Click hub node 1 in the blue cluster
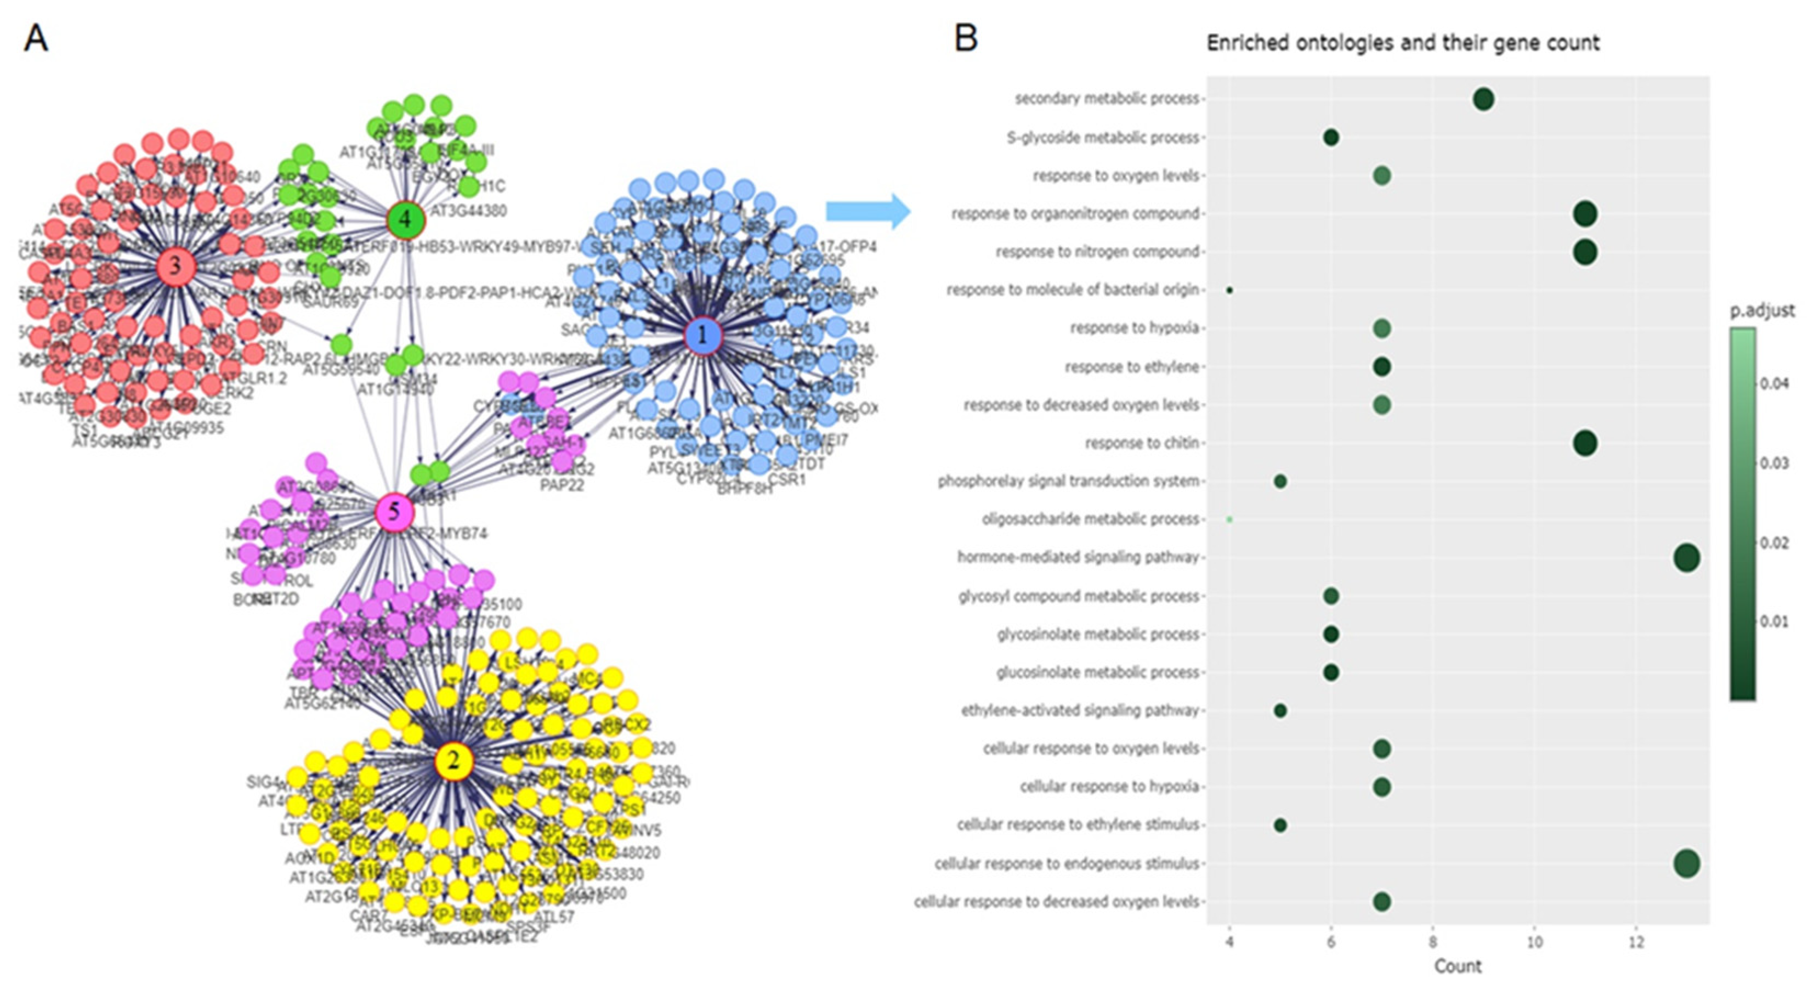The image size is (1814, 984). pos(703,336)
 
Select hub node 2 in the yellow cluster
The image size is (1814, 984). pos(453,761)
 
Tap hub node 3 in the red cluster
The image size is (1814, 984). pos(175,266)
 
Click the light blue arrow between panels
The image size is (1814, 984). pos(868,211)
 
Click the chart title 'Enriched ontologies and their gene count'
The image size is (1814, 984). pos(1403,43)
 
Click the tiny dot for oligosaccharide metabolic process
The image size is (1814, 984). pos(1229,519)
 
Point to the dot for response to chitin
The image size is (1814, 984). pos(1584,443)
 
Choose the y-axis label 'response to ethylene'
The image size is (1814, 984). pos(1131,367)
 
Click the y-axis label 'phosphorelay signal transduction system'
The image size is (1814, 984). pos(1068,481)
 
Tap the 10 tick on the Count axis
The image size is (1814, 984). pos(1534,942)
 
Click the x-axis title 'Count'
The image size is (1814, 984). pos(1458,966)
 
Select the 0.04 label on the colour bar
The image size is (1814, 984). pos(1775,384)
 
